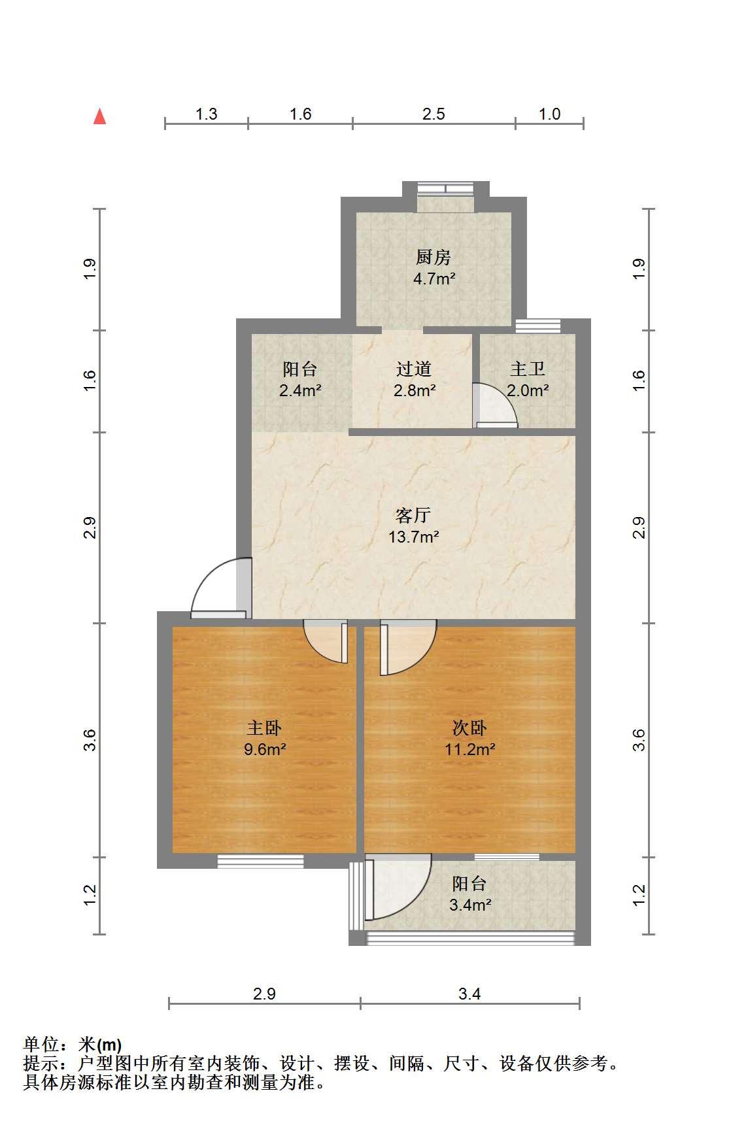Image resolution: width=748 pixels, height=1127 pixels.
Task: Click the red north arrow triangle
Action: (x=99, y=116)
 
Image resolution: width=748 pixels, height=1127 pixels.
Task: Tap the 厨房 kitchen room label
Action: (x=433, y=258)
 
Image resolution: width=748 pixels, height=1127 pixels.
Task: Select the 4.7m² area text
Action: (x=434, y=279)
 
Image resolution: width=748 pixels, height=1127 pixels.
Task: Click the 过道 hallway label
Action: (x=414, y=369)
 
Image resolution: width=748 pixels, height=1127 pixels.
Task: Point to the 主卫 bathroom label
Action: (x=528, y=369)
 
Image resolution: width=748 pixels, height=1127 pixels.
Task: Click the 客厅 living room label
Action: (x=413, y=516)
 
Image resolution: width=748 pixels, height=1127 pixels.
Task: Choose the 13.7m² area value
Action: (x=413, y=537)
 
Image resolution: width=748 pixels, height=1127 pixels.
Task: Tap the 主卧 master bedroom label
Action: (x=264, y=728)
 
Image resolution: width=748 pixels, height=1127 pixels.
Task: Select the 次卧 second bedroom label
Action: (x=469, y=728)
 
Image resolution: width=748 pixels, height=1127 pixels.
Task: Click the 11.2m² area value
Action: (x=469, y=749)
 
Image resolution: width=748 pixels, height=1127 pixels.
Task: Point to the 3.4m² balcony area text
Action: (x=469, y=905)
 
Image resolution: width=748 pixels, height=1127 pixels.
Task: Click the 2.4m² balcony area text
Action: (x=300, y=391)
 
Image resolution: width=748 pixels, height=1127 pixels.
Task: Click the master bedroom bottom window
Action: (x=260, y=862)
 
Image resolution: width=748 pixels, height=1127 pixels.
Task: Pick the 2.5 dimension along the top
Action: (x=433, y=114)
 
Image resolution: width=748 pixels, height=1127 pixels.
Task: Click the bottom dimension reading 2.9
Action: (x=264, y=994)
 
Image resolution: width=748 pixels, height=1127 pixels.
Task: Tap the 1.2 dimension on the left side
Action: (x=90, y=896)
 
